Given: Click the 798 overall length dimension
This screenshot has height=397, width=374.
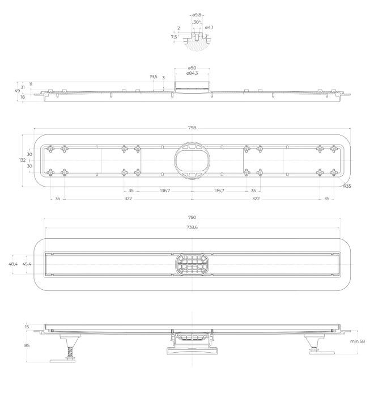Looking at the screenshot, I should pos(192,128).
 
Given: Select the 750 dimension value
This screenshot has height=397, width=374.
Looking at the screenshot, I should pos(192,218).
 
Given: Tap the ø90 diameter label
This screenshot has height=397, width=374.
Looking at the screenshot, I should pos(192,67).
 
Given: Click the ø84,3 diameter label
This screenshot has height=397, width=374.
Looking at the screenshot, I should pos(192,73).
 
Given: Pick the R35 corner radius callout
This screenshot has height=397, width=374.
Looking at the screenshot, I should pos(347,185).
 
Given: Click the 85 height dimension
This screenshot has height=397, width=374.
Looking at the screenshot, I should pos(27,345).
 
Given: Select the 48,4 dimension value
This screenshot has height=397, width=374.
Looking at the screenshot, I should pos(12,264).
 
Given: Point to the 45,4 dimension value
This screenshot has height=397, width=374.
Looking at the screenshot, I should pos(27,264).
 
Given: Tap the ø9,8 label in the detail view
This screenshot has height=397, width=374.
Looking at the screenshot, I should pos(197,15).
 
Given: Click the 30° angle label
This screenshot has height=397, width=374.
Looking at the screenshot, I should pos(196,22).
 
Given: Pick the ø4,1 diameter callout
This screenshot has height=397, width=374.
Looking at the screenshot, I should pos(209,27).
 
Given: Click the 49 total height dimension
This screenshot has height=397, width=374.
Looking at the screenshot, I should pos(17,90).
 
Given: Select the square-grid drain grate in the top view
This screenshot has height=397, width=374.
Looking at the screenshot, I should pos(192,264).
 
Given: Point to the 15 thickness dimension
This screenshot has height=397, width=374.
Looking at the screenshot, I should pos(27,326).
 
